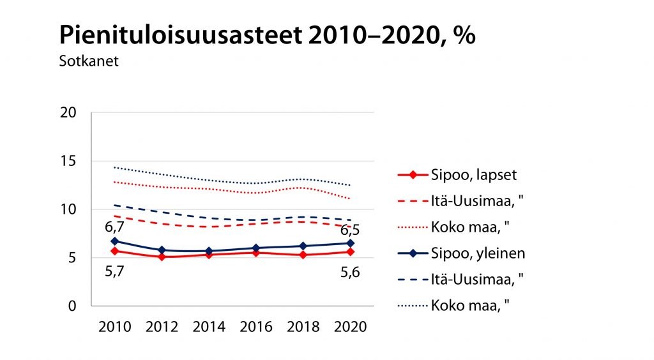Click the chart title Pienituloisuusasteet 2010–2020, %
(x=267, y=36)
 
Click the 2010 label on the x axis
(x=115, y=327)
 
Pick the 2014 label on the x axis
(x=209, y=327)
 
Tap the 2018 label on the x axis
(x=303, y=327)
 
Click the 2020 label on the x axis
(x=350, y=327)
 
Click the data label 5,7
(x=114, y=272)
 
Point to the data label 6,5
(x=349, y=229)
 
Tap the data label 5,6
(x=349, y=272)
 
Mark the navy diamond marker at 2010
(x=115, y=241)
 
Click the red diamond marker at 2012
(x=162, y=257)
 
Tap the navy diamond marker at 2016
(x=256, y=248)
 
